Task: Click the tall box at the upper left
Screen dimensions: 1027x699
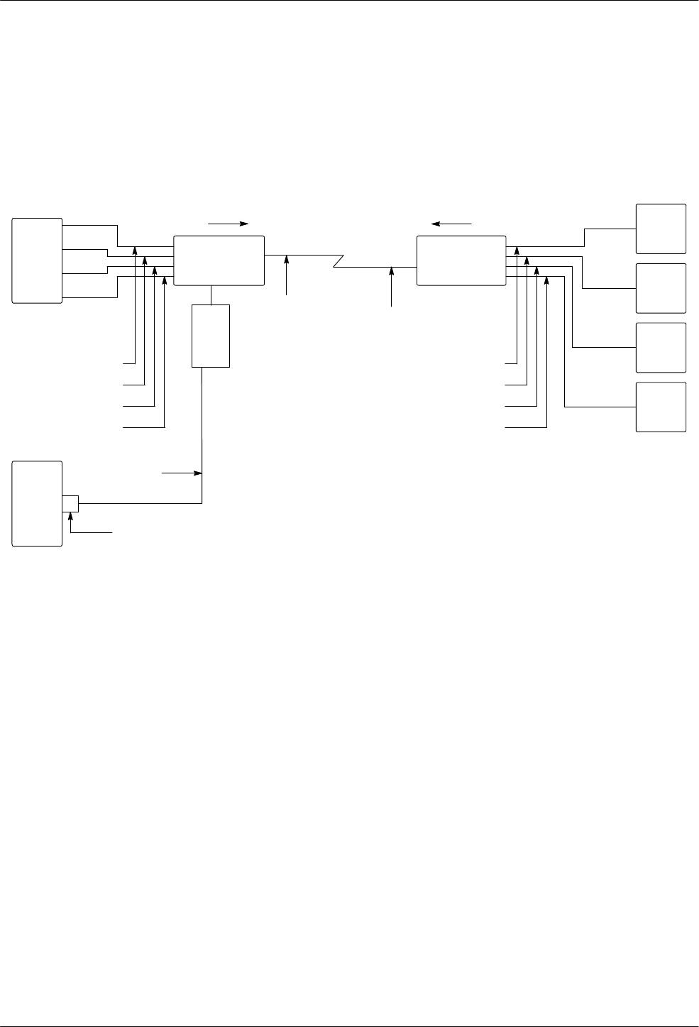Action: coord(37,261)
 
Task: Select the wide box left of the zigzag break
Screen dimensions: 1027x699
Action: coord(219,260)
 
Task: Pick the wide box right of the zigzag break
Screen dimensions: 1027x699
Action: coord(461,260)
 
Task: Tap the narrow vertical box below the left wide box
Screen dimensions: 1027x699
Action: coord(211,336)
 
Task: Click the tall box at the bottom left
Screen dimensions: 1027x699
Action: coord(37,503)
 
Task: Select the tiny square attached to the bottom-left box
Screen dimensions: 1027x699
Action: coord(70,503)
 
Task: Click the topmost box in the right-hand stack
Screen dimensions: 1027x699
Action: coord(661,229)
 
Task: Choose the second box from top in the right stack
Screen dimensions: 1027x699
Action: coord(661,288)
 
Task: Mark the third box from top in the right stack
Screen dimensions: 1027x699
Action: coord(661,348)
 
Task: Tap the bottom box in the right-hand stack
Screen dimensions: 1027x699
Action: coord(661,407)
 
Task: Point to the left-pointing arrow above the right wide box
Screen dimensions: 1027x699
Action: coord(452,224)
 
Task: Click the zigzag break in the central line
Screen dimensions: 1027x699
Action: coord(339,261)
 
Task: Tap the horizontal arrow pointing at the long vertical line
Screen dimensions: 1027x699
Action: coord(182,472)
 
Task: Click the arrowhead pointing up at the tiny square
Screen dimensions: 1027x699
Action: coord(70,515)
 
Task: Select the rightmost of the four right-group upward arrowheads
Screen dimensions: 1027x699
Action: coord(546,282)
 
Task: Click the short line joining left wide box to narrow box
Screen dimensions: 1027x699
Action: coord(211,295)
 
